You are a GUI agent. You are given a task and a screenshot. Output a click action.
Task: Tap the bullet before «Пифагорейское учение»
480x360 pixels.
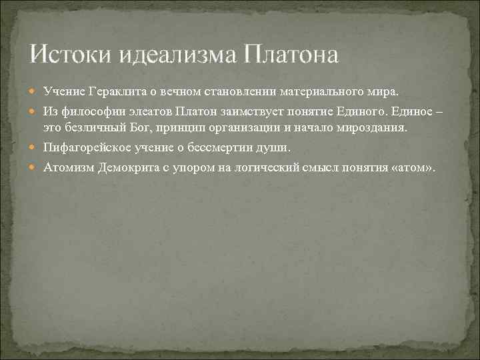point(35,147)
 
